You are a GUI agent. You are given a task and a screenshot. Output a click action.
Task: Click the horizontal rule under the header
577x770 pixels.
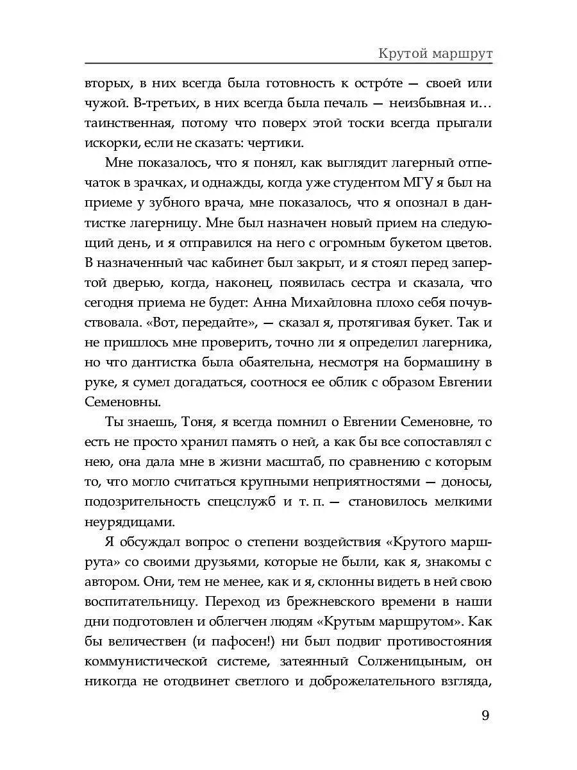click(x=288, y=64)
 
